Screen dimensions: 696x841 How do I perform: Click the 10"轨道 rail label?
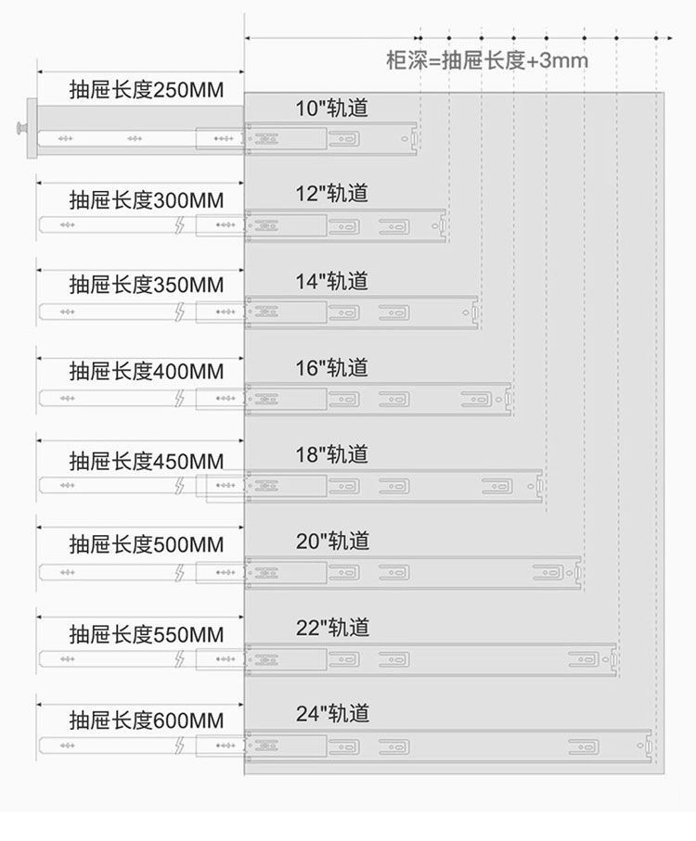332,108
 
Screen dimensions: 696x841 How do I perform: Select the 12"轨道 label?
332,194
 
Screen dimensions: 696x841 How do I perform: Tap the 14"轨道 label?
332,281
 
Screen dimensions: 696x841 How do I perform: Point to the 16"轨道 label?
332,368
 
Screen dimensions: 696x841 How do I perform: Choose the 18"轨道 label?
332,454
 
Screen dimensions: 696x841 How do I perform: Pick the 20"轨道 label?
332,541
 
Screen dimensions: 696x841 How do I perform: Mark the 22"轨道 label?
332,628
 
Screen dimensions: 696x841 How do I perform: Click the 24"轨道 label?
332,714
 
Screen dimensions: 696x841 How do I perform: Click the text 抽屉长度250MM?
147,91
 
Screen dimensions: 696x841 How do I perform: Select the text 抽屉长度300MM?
147,200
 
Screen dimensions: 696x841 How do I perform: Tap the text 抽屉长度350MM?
147,285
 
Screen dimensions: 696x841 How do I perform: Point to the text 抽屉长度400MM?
147,372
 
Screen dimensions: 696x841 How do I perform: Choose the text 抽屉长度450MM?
147,461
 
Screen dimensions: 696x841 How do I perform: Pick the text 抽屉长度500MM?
147,545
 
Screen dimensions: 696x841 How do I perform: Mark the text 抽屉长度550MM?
147,635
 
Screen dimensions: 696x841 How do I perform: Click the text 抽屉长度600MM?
147,720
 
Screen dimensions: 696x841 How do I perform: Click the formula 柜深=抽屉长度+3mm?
487,62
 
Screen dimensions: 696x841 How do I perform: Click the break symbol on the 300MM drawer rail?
179,224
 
